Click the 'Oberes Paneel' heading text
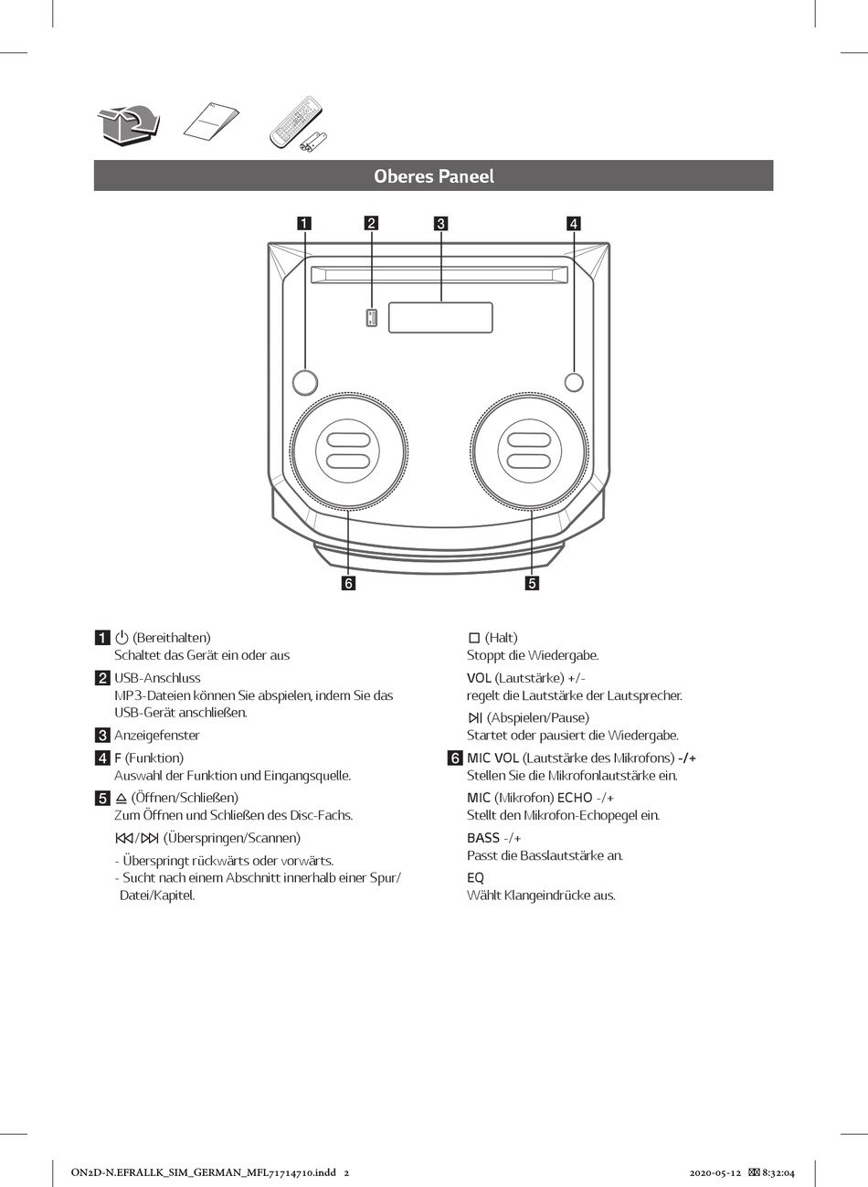(x=433, y=176)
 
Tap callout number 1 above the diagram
(x=303, y=223)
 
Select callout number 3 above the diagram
(x=440, y=223)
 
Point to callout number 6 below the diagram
(x=348, y=582)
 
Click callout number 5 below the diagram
(x=532, y=582)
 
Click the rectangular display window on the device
(x=440, y=317)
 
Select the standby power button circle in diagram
(x=306, y=382)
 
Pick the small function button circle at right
(x=574, y=382)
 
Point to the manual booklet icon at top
(x=211, y=123)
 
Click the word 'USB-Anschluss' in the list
(x=157, y=678)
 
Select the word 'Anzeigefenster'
(x=157, y=735)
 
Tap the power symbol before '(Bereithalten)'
(x=122, y=637)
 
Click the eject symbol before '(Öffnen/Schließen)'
(x=122, y=798)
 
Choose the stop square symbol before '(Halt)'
(x=474, y=637)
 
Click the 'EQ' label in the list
(x=475, y=877)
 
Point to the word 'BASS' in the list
(x=483, y=838)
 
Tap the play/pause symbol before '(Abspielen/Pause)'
(x=475, y=717)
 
